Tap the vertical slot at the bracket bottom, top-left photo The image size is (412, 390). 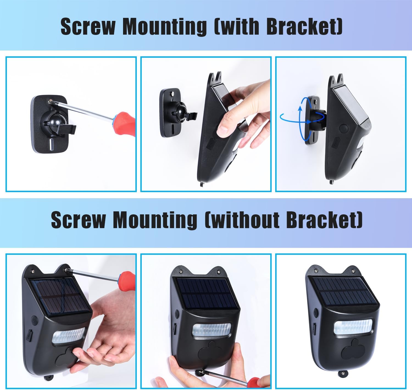tap(52, 145)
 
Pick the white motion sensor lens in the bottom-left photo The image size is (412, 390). tap(68, 335)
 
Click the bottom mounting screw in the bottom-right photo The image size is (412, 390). tap(343, 373)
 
